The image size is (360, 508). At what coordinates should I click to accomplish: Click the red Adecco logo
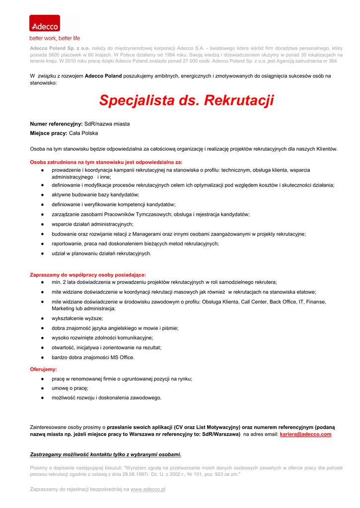click(44, 24)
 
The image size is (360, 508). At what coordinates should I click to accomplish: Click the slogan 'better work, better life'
click(55, 38)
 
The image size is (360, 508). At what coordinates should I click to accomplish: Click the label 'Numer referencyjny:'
click(56, 124)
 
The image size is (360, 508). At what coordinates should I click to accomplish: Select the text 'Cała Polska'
click(83, 133)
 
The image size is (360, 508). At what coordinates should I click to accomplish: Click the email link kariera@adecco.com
click(305, 434)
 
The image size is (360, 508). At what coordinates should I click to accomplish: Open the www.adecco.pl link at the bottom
click(148, 489)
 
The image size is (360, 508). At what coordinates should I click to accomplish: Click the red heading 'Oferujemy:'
click(44, 369)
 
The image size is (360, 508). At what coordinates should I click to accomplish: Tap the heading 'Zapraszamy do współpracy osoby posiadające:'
click(88, 274)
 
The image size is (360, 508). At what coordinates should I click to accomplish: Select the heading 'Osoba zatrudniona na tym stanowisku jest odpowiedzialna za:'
click(106, 162)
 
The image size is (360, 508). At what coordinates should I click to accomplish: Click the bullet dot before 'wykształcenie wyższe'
click(43, 318)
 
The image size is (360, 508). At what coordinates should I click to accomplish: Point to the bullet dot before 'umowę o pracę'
click(43, 388)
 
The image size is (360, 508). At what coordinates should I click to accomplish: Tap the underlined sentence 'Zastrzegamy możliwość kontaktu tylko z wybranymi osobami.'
click(106, 454)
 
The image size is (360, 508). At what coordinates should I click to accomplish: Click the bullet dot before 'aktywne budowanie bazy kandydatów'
click(43, 194)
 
